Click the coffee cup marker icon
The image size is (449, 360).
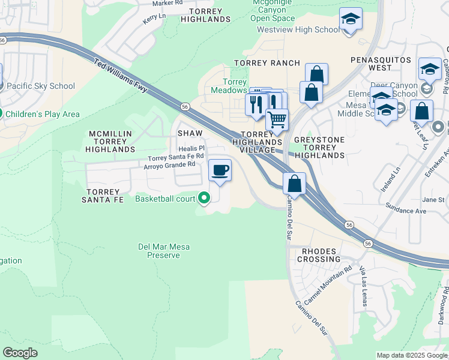tap(220, 169)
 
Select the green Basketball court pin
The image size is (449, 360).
tap(205, 197)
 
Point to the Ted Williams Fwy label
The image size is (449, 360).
tap(121, 75)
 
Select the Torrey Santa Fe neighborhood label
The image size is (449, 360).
tap(103, 195)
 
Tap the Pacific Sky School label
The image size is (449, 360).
tap(41, 86)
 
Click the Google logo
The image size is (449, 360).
tap(20, 352)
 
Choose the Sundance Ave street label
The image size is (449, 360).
tap(408, 211)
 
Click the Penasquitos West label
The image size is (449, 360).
tap(381, 60)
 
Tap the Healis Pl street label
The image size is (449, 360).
tap(192, 148)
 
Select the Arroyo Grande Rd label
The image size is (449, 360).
tap(169, 164)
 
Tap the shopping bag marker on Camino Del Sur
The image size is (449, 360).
tap(294, 183)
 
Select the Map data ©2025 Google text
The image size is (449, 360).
tap(411, 355)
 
